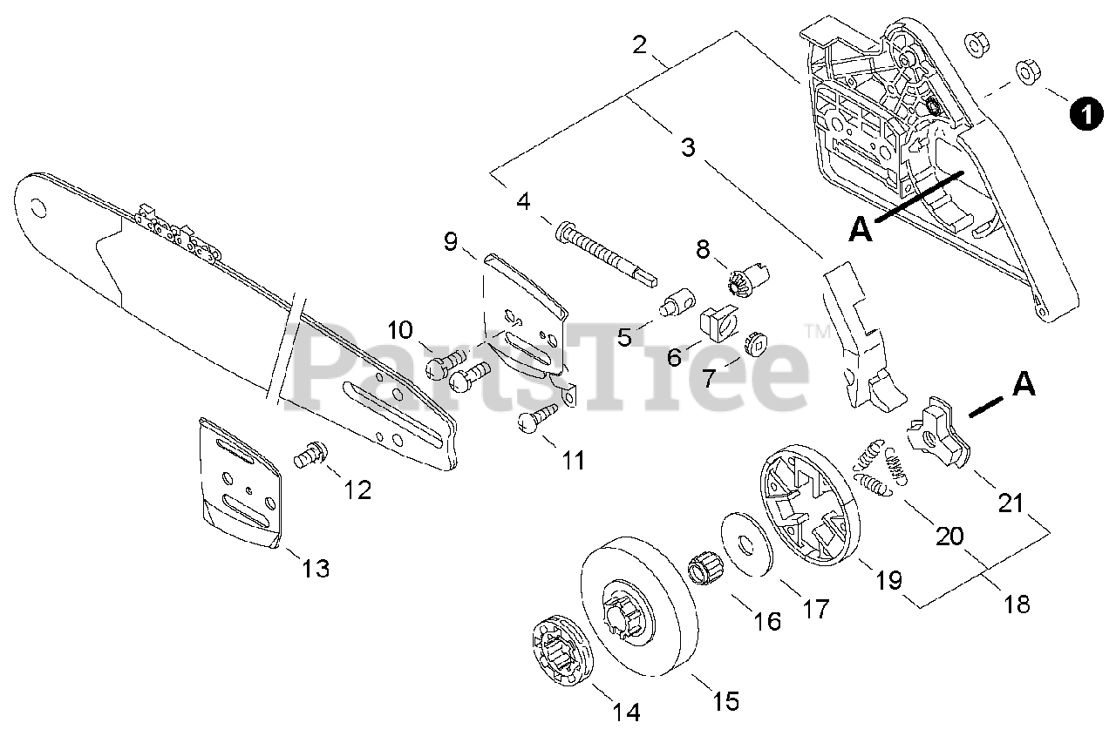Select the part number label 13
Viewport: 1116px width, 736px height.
point(315,569)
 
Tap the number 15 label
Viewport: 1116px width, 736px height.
point(725,700)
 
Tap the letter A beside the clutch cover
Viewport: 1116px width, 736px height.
point(860,229)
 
